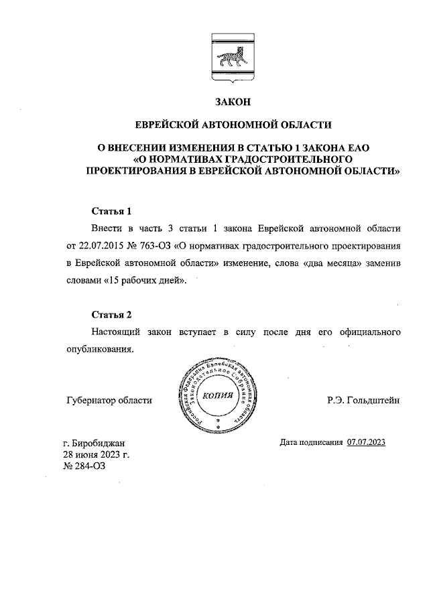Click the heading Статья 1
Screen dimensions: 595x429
click(x=113, y=210)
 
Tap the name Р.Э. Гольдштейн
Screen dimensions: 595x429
click(x=363, y=401)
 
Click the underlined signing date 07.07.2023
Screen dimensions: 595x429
click(x=367, y=442)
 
